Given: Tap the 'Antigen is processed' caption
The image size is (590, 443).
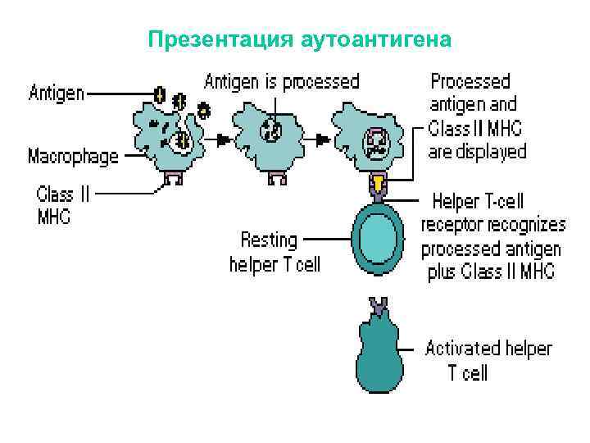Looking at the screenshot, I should pyautogui.click(x=281, y=81).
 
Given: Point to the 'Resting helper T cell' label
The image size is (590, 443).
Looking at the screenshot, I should pyautogui.click(x=275, y=252).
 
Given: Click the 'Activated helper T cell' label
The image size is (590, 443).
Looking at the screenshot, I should pyautogui.click(x=488, y=360).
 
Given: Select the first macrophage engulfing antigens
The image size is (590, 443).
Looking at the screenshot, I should pyautogui.click(x=169, y=131).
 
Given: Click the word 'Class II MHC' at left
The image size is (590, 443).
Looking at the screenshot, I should pyautogui.click(x=66, y=205).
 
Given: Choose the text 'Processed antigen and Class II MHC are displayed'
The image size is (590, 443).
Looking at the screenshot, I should pyautogui.click(x=478, y=116).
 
